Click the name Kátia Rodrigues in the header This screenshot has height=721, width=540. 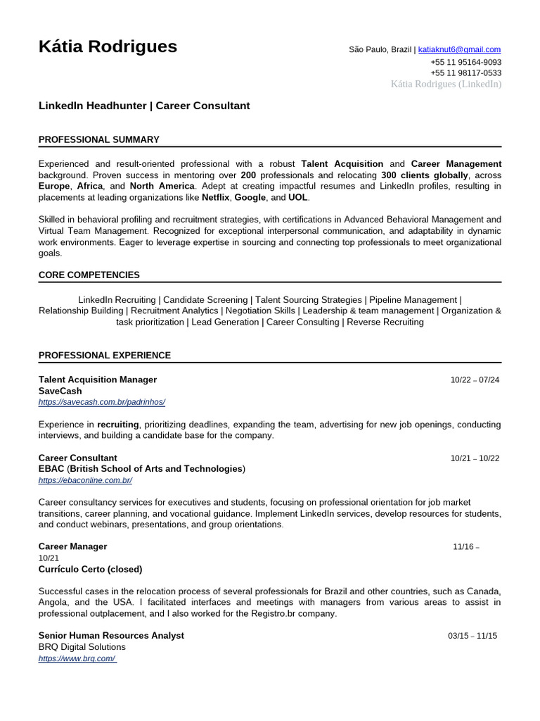(108, 47)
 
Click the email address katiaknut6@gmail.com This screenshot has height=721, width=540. (459, 49)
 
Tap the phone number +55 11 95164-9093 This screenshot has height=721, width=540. (465, 62)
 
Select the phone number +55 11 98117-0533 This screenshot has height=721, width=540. (465, 73)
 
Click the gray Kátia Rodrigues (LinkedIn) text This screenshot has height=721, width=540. (446, 84)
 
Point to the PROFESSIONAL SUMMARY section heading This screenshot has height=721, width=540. (98, 139)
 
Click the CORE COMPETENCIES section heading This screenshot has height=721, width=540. (89, 275)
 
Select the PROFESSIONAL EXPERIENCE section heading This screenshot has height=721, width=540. (104, 355)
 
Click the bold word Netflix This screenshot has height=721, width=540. (215, 198)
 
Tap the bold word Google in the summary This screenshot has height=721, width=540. (250, 198)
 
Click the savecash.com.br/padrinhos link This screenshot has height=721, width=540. (101, 402)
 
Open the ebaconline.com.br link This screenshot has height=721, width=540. (85, 480)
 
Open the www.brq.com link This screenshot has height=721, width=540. (77, 658)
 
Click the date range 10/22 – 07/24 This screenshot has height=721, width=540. (475, 380)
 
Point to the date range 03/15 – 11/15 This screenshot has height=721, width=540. (472, 636)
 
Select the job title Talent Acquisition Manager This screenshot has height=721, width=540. (98, 380)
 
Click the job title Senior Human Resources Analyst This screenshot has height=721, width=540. (111, 635)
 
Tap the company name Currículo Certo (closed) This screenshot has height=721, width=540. (90, 569)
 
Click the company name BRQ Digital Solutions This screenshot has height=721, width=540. (82, 647)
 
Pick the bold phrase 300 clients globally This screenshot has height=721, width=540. (424, 175)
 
